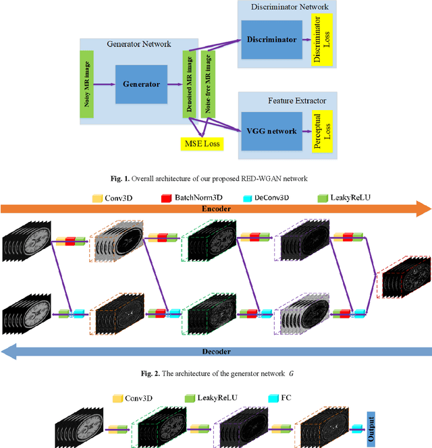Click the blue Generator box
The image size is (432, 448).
click(141, 84)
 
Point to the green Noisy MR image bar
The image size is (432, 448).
click(86, 84)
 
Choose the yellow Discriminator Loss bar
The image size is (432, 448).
click(317, 40)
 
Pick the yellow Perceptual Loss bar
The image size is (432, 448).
click(317, 131)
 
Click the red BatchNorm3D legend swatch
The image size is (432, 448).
click(165, 198)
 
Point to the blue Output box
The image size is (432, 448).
click(371, 427)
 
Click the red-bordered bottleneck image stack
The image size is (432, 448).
click(404, 277)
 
